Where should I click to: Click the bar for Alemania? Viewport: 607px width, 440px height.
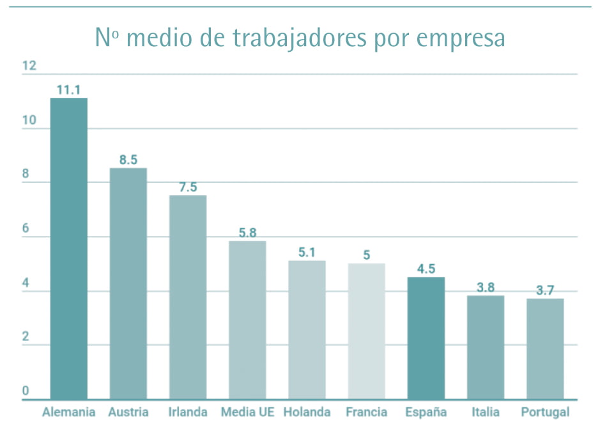click(69, 249)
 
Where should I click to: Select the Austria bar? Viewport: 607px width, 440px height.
click(128, 284)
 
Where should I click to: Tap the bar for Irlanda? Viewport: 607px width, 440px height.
click(188, 297)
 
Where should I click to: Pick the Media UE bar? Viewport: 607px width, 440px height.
click(247, 320)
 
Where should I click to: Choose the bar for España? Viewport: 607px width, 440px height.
click(426, 338)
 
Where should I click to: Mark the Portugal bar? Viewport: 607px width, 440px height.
click(545, 349)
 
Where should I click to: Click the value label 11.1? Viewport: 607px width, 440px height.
click(68, 90)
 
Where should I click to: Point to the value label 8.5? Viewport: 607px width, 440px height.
click(128, 160)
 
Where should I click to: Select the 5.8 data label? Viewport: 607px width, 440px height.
click(247, 233)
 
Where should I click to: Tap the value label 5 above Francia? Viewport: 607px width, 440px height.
click(367, 255)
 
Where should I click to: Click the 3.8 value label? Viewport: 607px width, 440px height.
click(486, 287)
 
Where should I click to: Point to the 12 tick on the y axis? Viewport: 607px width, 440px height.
click(29, 66)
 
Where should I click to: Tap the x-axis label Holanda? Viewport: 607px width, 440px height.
click(307, 412)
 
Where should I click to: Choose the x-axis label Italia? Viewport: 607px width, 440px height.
click(486, 412)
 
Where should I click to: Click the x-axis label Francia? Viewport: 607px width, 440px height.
click(366, 412)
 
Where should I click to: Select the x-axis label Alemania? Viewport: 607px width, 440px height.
click(68, 412)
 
